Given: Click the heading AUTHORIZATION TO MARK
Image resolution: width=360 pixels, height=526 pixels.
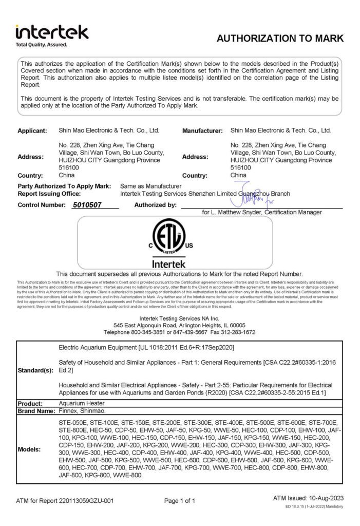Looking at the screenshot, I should [x=279, y=39].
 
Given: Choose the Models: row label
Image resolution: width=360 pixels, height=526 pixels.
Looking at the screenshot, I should [x=30, y=448].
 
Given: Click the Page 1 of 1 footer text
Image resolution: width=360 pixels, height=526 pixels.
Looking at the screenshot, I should [x=180, y=500].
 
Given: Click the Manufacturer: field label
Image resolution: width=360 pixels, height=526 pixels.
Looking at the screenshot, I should [x=202, y=131].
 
